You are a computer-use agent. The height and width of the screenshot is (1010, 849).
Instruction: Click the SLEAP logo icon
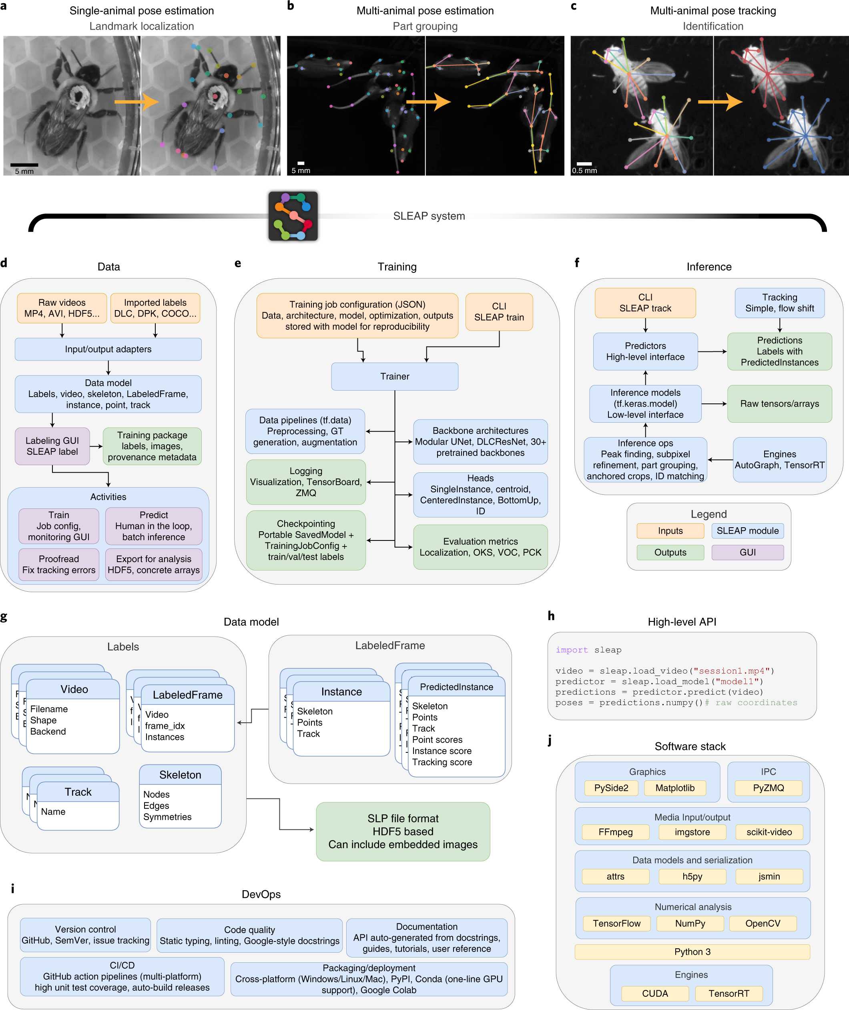pos(293,216)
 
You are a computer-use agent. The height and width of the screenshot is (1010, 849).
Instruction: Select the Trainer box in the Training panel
pos(395,376)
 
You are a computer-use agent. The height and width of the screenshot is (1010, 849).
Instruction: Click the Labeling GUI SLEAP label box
pos(52,446)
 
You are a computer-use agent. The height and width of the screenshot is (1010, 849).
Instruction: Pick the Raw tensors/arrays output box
pos(779,403)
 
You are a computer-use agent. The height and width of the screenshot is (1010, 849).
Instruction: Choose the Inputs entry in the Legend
pos(670,531)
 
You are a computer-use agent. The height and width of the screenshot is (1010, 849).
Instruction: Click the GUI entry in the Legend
pos(747,552)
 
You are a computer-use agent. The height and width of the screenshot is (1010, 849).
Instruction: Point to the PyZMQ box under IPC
pos(768,788)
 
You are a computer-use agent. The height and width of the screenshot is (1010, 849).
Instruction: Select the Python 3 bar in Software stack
pos(692,952)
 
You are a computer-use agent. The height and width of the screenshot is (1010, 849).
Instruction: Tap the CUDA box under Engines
pos(654,993)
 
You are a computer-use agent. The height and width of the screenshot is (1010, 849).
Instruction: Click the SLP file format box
pos(403,831)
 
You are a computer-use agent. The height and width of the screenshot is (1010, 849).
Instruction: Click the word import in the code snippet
pos(572,650)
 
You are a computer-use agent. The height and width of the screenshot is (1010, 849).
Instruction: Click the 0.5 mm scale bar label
pos(584,171)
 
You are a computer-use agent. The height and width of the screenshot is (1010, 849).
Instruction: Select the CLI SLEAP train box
pos(499,312)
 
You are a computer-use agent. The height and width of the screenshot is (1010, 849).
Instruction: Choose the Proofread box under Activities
pos(59,564)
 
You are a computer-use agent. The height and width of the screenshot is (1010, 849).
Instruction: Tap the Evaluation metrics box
pos(480,546)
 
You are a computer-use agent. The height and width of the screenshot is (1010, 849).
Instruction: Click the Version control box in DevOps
pos(85,935)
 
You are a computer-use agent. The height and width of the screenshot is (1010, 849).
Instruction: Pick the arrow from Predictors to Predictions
pos(713,352)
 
